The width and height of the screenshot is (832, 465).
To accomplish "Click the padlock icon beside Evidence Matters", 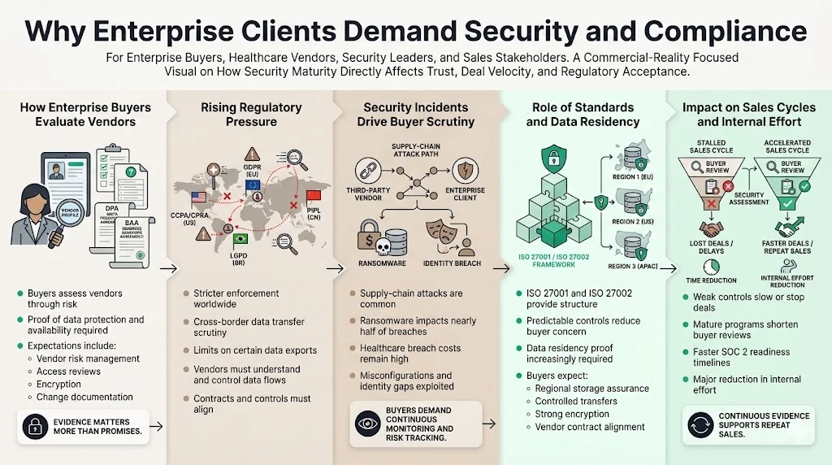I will [x=36, y=425].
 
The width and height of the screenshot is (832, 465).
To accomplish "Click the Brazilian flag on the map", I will [x=240, y=238].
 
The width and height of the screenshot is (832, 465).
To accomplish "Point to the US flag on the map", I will [x=198, y=197].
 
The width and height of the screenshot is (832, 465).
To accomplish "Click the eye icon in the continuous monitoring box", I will [x=366, y=423].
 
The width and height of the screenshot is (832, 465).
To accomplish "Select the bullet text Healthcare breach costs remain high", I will [x=410, y=354].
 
